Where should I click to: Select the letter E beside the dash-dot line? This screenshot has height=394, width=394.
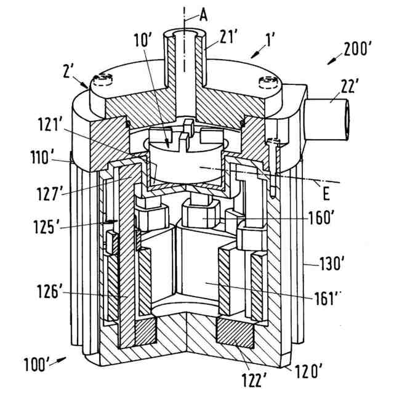click(x=326, y=195)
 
